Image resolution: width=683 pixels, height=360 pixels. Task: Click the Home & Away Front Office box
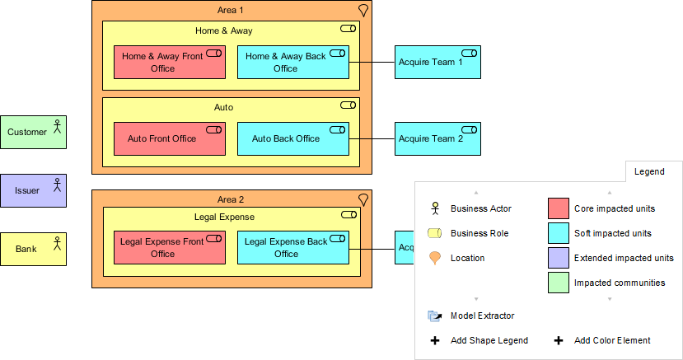coord(162,63)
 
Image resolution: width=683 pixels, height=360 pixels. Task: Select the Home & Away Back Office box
coord(286,63)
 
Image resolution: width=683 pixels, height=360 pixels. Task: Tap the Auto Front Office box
coord(162,138)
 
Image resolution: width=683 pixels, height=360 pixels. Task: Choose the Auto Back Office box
coord(286,138)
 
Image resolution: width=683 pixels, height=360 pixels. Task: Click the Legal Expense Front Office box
coord(162,248)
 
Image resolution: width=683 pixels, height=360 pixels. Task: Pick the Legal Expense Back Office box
coord(286,248)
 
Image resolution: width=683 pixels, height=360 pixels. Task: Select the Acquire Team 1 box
coord(437,63)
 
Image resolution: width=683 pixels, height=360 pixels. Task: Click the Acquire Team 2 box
coord(437,138)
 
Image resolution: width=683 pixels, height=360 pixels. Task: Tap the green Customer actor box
coord(33,132)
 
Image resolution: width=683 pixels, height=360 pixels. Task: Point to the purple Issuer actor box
coord(33,190)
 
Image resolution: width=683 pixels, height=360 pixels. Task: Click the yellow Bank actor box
coord(33,249)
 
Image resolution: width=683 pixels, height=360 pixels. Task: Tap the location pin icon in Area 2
coord(363,199)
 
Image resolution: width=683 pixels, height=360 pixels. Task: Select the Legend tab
coord(648,171)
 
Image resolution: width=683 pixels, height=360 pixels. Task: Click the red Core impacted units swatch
coord(558,208)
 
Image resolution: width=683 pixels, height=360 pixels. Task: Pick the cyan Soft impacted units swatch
coord(558,233)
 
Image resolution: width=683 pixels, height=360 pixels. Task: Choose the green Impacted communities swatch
coord(558,283)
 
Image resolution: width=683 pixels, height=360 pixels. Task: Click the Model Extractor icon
coord(435,316)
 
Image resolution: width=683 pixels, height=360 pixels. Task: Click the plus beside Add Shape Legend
coord(435,340)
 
